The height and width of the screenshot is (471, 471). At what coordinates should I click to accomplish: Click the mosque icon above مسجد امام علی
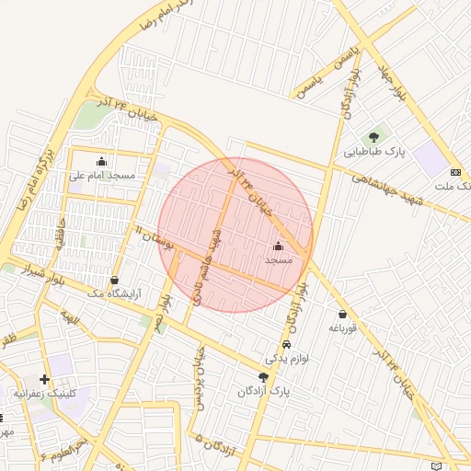101,161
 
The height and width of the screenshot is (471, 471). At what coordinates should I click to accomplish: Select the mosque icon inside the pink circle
278,247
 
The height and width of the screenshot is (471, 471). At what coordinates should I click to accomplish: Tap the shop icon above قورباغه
342,314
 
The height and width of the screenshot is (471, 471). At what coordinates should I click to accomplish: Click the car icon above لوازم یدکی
287,344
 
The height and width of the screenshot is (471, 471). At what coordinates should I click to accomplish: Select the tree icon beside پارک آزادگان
264,377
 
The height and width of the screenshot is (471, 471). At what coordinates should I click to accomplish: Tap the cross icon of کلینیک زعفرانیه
44,379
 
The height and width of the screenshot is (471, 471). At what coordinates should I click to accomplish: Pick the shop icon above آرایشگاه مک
114,280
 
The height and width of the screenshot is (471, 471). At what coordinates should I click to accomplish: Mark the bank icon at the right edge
455,172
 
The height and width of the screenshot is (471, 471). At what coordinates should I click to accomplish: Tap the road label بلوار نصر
165,313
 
